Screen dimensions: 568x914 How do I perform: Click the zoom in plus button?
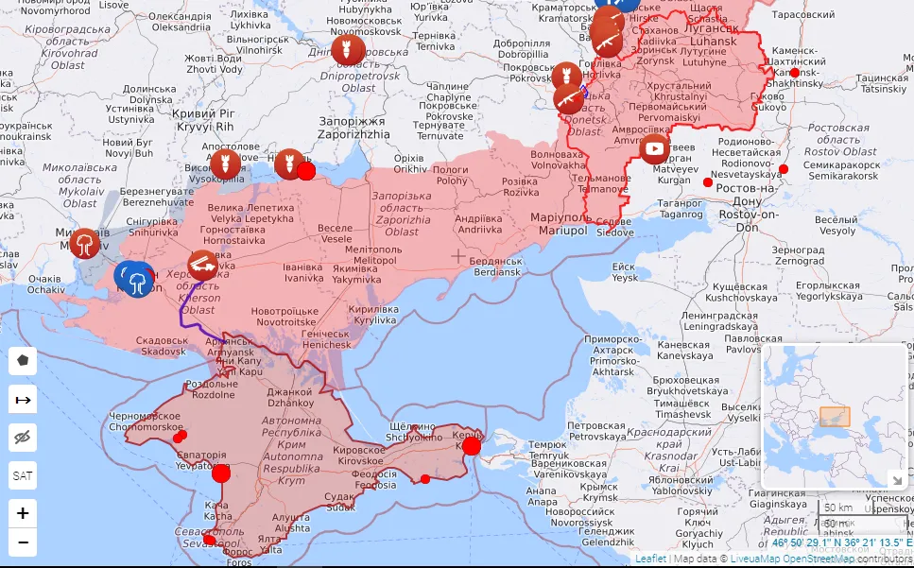tap(23, 513)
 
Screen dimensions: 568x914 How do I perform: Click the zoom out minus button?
tap(23, 542)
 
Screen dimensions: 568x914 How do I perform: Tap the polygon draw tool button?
tap(23, 360)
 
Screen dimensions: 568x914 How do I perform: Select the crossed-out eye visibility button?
tap(23, 437)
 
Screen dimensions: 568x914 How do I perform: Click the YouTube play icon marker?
tap(654, 148)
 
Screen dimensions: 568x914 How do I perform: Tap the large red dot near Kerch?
tap(471, 446)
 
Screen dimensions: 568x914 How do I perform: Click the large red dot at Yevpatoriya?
tap(221, 473)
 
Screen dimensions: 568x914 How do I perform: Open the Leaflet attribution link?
tap(650, 559)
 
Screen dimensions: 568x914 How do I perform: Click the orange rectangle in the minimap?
tap(835, 417)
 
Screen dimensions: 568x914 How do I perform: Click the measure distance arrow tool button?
tap(23, 400)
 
